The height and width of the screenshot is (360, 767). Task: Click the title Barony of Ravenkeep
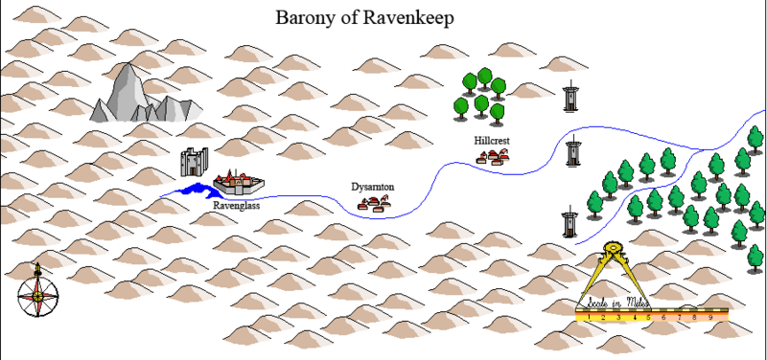point(364,17)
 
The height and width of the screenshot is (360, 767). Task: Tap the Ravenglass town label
point(236,204)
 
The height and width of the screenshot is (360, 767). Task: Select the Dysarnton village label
point(373,187)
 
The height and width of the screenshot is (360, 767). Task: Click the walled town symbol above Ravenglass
point(238,183)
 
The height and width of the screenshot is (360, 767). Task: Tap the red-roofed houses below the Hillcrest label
point(493,156)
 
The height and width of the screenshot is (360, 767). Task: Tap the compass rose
point(37,295)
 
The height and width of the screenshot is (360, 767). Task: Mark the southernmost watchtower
point(569,222)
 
